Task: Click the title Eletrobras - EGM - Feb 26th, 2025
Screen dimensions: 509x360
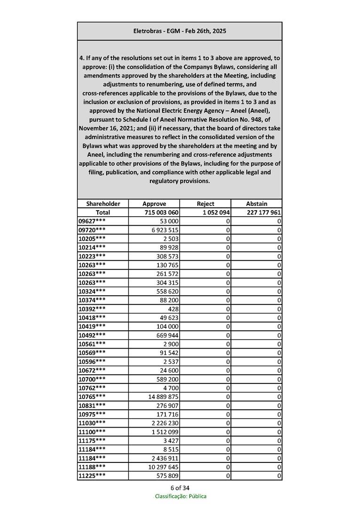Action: (180, 31)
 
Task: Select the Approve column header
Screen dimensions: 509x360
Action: (154, 204)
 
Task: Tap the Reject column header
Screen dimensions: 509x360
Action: (205, 204)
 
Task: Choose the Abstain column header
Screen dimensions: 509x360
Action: (257, 204)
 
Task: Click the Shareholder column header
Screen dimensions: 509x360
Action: (103, 204)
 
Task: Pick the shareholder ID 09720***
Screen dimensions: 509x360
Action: (92, 230)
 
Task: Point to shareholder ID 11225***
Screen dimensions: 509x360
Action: (92, 476)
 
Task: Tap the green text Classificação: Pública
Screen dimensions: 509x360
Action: (180, 496)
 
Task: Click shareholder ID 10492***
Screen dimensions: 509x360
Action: (92, 336)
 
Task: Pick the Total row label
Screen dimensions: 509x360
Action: (103, 212)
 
